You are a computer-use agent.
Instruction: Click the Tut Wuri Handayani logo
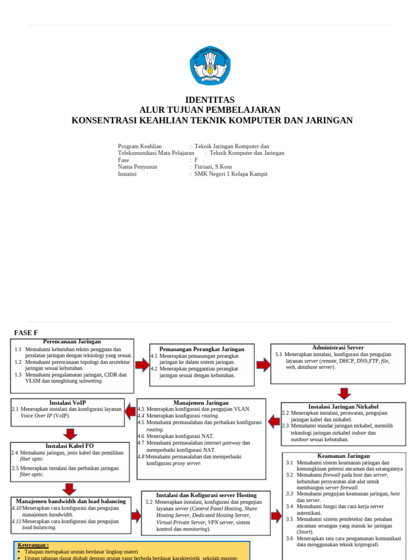(x=210, y=66)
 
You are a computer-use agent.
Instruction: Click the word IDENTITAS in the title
(x=210, y=100)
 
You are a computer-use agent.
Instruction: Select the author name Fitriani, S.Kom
(x=213, y=167)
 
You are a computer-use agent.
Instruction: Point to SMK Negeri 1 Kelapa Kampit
(x=231, y=174)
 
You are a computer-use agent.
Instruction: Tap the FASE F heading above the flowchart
(x=26, y=332)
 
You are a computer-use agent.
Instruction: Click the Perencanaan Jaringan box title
(x=72, y=342)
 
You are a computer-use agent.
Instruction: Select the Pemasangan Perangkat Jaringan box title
(x=202, y=349)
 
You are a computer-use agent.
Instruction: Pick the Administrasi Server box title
(x=337, y=348)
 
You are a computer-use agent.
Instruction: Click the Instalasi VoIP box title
(x=67, y=402)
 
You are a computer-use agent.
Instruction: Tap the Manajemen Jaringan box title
(x=201, y=402)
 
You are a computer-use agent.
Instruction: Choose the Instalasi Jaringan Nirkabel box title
(x=343, y=406)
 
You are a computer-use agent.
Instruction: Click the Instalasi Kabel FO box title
(x=69, y=446)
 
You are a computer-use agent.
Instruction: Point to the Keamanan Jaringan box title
(x=343, y=456)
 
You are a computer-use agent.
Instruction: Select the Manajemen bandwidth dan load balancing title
(x=71, y=501)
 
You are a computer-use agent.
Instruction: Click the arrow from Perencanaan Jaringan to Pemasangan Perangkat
(x=142, y=365)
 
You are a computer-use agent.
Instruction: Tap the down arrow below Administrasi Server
(x=344, y=393)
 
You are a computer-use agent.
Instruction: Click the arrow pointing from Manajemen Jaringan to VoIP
(x=131, y=411)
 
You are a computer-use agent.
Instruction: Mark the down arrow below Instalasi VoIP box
(x=70, y=434)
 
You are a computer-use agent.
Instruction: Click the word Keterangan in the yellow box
(x=33, y=545)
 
